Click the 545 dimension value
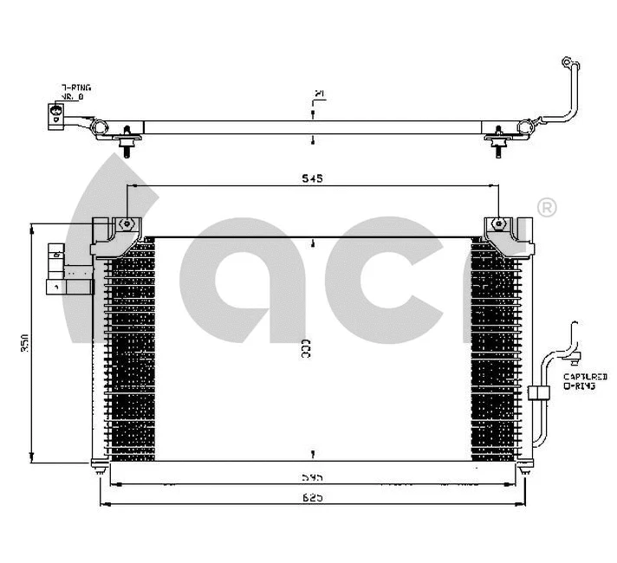(x=312, y=178)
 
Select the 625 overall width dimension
(x=312, y=498)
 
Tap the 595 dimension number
(x=312, y=476)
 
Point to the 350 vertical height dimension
(x=26, y=343)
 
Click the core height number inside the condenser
(x=306, y=349)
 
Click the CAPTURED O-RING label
(x=585, y=381)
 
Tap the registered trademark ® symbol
(x=547, y=208)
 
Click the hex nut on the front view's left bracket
(x=127, y=223)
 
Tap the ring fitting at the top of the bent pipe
(x=568, y=63)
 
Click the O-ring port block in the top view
(x=55, y=115)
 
